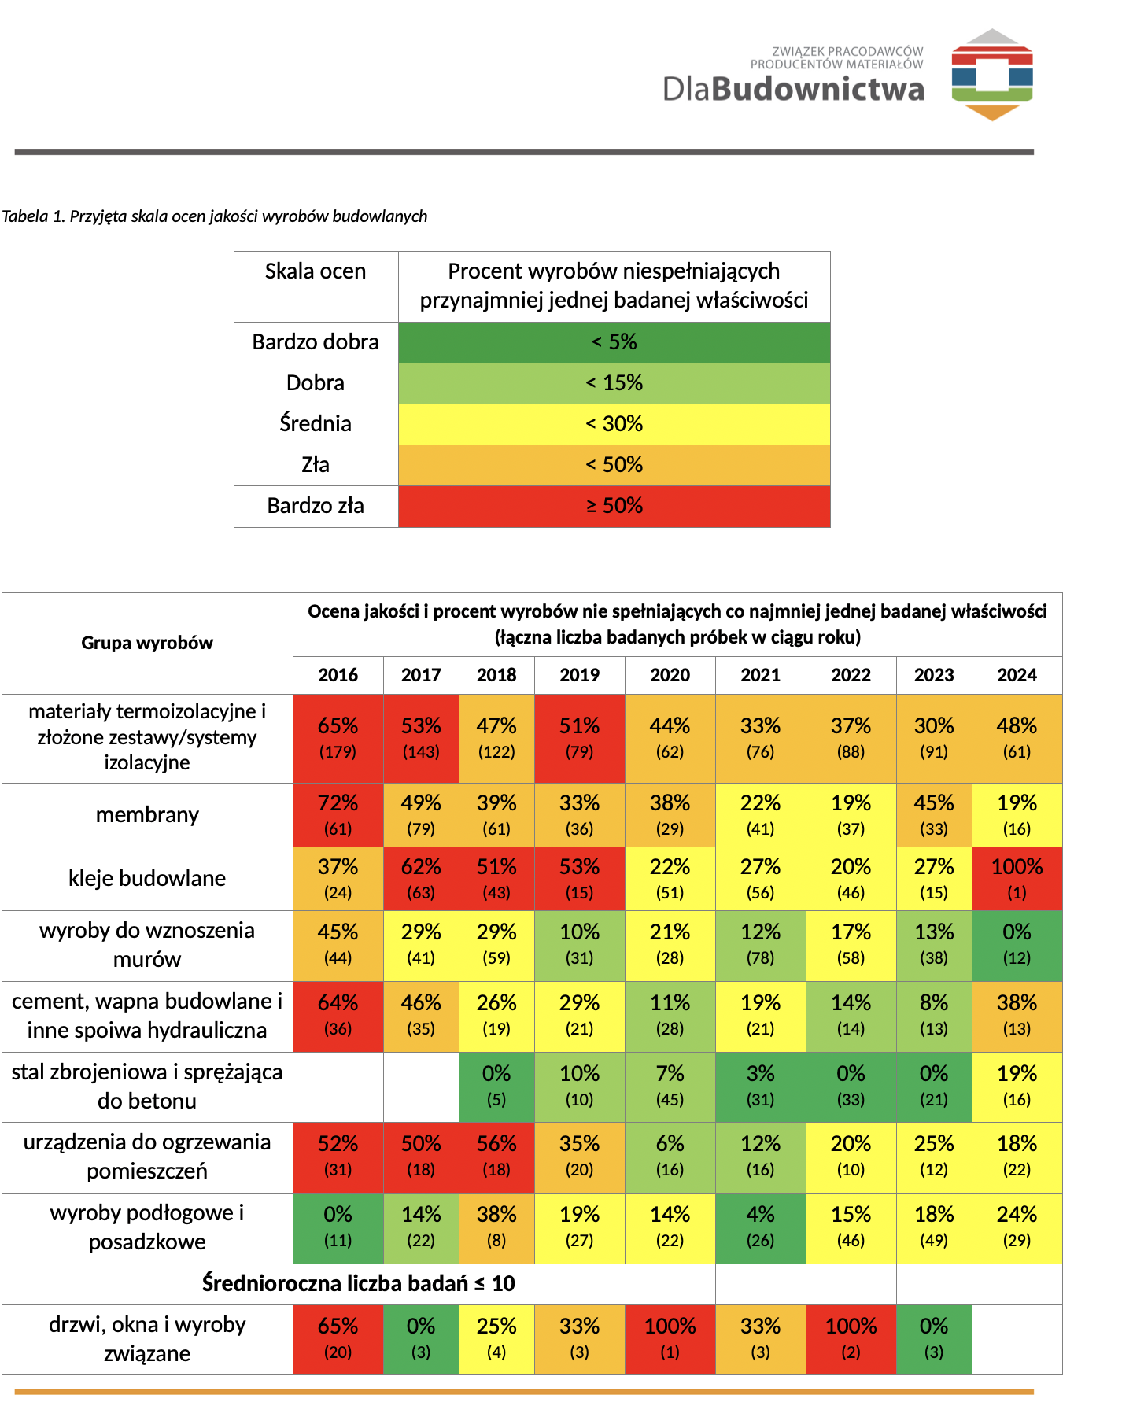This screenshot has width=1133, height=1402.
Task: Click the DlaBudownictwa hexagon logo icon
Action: coord(992,75)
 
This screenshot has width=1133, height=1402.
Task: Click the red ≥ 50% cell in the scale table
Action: coord(614,506)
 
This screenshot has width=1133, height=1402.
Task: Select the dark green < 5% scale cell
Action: coord(614,342)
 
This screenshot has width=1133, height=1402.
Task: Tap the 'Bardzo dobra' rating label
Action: coord(316,342)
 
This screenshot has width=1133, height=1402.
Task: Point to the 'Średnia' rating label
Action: coord(316,423)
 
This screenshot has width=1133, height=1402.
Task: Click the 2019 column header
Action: coord(579,675)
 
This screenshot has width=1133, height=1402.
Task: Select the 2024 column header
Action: coord(1017,675)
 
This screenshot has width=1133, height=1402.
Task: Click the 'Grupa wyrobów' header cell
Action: coord(147,643)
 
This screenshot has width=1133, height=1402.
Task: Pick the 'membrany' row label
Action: coord(147,815)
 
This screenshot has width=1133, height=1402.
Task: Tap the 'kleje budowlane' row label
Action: coord(147,878)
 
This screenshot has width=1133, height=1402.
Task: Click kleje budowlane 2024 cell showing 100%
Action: coord(1017,879)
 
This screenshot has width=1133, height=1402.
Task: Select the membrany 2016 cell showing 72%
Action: coord(338,815)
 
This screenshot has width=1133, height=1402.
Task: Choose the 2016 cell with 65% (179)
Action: coord(338,739)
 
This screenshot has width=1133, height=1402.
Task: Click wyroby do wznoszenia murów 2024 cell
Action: coord(1017,946)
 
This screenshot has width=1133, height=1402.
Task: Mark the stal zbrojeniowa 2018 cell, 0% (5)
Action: coord(496,1087)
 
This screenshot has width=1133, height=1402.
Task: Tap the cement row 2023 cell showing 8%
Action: coord(934,1016)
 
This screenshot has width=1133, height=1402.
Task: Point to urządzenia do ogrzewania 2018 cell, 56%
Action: coord(496,1157)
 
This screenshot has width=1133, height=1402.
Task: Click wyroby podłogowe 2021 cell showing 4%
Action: coord(760,1228)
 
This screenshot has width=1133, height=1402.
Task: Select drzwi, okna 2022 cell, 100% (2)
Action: coord(851,1340)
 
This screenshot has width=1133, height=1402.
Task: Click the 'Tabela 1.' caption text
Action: coord(33,216)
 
